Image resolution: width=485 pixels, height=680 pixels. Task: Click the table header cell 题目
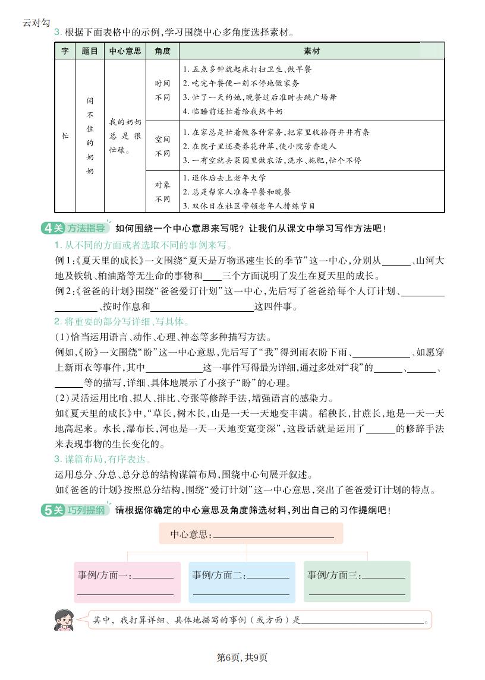click(x=90, y=51)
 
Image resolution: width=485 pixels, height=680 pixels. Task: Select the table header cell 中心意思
click(x=125, y=51)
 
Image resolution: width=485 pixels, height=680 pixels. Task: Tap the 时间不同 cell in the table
click(x=162, y=90)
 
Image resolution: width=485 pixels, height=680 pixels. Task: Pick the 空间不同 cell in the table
click(x=162, y=146)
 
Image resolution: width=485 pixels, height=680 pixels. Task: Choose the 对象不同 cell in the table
click(x=162, y=192)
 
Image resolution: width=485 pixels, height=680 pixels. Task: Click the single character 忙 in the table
click(x=65, y=136)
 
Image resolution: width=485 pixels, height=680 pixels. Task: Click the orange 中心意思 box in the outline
click(x=251, y=534)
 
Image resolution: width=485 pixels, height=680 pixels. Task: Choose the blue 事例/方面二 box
click(x=241, y=581)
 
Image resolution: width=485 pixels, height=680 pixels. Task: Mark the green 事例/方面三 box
click(x=357, y=581)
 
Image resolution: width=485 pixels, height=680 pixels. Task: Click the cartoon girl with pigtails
click(x=64, y=619)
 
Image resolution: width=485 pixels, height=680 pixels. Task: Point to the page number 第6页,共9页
click(x=242, y=657)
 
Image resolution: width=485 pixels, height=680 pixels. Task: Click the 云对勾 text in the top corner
click(x=34, y=23)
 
